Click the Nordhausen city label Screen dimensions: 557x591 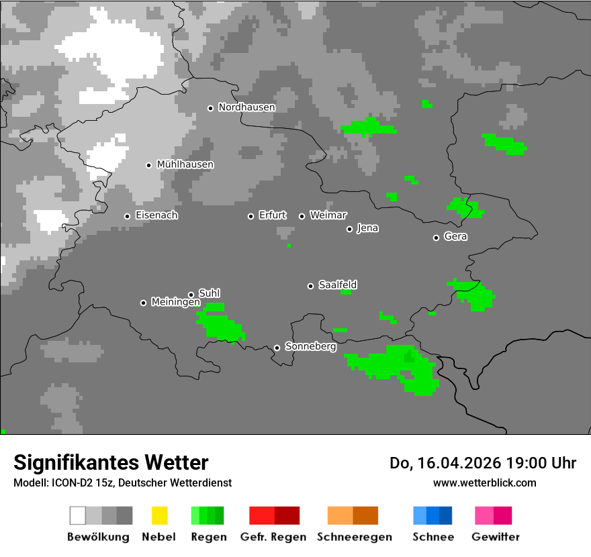tap(246, 107)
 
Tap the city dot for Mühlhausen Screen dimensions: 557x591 tap(149, 165)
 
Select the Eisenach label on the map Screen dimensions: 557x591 tap(156, 215)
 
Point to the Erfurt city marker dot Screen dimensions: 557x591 tap(251, 216)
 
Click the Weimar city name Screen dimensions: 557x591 tap(328, 215)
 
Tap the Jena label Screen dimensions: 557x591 tap(367, 228)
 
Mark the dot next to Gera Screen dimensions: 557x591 tap(437, 238)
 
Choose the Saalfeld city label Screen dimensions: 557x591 tap(337, 285)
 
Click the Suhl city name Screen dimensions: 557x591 tap(210, 293)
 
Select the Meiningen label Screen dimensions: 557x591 tap(175, 302)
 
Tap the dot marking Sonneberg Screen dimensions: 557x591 tap(277, 348)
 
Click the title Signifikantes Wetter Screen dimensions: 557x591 tap(111, 462)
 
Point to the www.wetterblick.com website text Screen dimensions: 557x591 tap(484, 483)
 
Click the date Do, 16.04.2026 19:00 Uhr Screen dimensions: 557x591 tap(482, 463)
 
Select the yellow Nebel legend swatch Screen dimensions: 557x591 tap(159, 515)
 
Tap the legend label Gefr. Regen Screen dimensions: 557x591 tap(273, 537)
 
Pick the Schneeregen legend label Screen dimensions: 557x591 tap(354, 537)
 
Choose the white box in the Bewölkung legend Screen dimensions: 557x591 tap(78, 515)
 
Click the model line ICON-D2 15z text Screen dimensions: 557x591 tap(122, 483)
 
